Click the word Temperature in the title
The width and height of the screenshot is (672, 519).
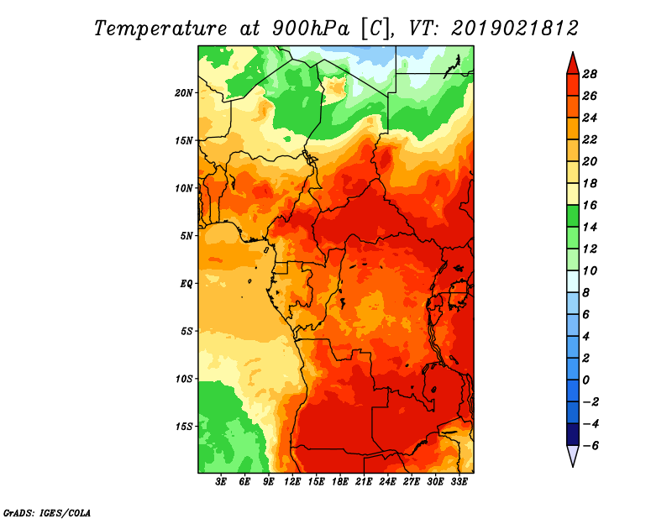pyautogui.click(x=160, y=29)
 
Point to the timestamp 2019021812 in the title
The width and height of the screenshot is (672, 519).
pyautogui.click(x=515, y=29)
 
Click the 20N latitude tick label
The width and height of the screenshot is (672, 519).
pyautogui.click(x=184, y=93)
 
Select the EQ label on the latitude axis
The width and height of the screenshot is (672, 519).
pyautogui.click(x=186, y=284)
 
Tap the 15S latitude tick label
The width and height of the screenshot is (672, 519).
pyautogui.click(x=184, y=427)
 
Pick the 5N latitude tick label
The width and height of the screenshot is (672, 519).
pyautogui.click(x=186, y=236)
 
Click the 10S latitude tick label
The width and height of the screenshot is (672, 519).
pyautogui.click(x=184, y=379)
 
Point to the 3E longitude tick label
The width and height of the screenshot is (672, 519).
pyautogui.click(x=221, y=482)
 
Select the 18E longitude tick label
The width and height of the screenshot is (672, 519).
pyautogui.click(x=340, y=482)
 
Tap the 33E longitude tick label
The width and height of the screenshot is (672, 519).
pyautogui.click(x=459, y=482)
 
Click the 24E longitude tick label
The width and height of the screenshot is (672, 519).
pyautogui.click(x=387, y=482)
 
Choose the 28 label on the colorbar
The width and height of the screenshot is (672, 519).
pyautogui.click(x=590, y=74)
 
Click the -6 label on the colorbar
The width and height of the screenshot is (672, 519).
pyautogui.click(x=591, y=446)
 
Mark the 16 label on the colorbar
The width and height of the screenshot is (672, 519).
pyautogui.click(x=590, y=205)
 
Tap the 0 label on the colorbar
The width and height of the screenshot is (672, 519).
pyautogui.click(x=585, y=380)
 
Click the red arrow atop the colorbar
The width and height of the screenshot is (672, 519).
pyautogui.click(x=573, y=64)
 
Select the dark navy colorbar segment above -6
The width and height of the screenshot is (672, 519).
pyautogui.click(x=573, y=434)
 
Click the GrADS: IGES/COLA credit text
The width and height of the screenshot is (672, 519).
pyautogui.click(x=47, y=512)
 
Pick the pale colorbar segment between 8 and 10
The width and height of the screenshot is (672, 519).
pyautogui.click(x=573, y=281)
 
